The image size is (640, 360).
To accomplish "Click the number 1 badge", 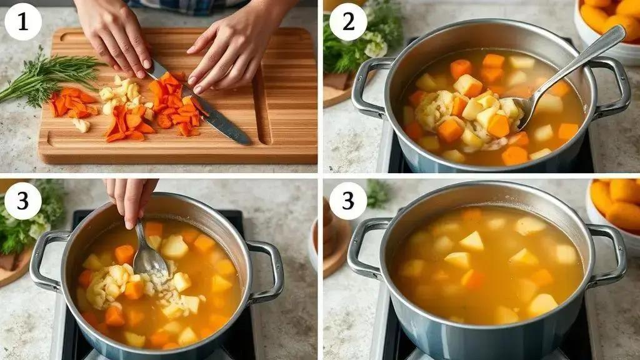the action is point(23,22).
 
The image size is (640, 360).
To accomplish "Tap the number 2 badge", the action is point(347,22).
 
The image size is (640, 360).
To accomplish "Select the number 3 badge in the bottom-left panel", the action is point(23,201).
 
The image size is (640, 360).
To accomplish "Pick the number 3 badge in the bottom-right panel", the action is point(347,201).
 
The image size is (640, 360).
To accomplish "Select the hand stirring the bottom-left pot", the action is point(131,200).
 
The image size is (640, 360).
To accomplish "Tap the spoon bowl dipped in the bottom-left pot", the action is point(150,261).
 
